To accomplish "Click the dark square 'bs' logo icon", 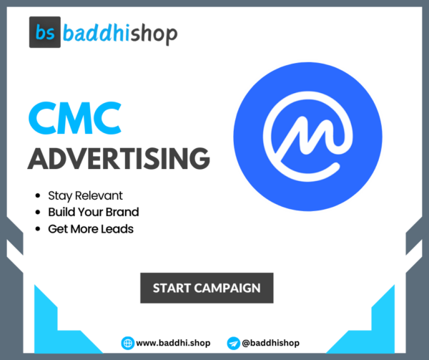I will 46,33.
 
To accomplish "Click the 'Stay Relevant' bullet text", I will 84,195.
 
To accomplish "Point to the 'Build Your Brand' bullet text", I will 93,212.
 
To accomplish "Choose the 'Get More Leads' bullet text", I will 91,229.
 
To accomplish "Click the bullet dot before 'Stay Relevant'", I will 37,195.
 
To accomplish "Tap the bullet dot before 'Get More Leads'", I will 37,229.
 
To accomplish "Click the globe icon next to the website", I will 127,343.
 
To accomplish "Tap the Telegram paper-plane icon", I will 232,343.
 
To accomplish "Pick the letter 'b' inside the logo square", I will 40,33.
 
